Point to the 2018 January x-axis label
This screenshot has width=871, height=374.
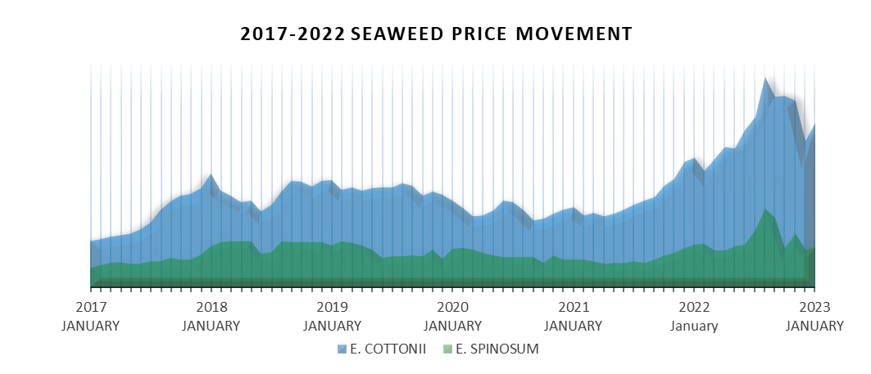211,316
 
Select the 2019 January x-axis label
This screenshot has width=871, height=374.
332,316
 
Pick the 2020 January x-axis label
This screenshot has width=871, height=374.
453,316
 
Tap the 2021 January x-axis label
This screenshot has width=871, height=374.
574,316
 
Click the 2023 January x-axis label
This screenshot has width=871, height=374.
814,316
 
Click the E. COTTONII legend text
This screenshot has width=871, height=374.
388,349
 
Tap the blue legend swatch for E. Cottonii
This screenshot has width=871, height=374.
343,349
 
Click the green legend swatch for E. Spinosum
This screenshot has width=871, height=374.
447,349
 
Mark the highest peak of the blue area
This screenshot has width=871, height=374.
765,79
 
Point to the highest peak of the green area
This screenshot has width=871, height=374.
765,210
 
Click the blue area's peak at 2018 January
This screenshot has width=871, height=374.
211,174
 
